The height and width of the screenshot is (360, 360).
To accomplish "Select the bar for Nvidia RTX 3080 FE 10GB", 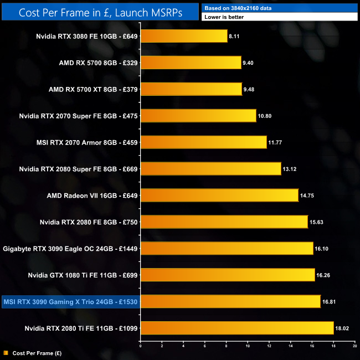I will tap(184, 37).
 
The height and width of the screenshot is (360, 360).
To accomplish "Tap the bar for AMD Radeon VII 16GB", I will tap(219, 195).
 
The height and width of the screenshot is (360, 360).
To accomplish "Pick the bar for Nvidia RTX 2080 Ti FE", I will tap(237, 328).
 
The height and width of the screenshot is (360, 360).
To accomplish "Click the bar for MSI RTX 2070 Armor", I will tap(203, 142).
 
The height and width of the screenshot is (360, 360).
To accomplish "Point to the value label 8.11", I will tap(235, 37).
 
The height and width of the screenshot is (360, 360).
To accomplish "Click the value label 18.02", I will tap(343, 328).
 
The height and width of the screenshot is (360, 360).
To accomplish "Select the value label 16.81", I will tap(330, 301).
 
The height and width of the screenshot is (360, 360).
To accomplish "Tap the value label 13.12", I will tap(290, 169).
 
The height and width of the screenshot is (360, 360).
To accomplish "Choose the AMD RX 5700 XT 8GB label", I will tap(93, 89).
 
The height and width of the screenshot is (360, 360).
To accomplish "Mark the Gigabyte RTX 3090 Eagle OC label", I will tap(70, 248).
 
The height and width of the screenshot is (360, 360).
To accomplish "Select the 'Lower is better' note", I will tap(280, 17).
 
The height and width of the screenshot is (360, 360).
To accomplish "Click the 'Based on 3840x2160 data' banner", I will tap(280, 8).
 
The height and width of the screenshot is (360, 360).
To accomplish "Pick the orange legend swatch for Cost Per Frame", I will tap(5, 352).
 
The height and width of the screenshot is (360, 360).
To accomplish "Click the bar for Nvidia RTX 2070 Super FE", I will tap(198, 116).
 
